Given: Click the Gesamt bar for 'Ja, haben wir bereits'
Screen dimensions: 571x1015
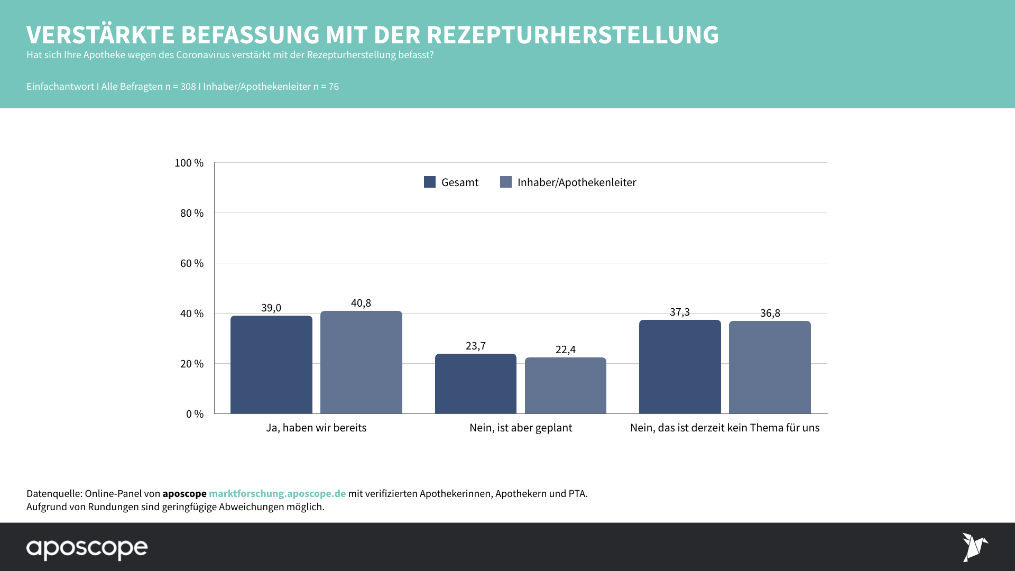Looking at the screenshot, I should (x=271, y=365).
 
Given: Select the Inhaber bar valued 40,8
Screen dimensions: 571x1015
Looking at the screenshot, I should (x=361, y=362).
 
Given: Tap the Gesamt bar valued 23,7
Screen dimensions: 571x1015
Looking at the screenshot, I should (x=475, y=384).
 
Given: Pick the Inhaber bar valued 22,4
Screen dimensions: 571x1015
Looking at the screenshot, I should (x=565, y=385).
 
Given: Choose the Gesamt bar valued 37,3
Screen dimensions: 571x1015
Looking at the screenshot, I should (x=680, y=367).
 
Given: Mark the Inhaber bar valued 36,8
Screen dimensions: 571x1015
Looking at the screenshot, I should (x=770, y=367).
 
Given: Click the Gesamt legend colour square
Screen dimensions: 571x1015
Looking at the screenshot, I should (x=430, y=182).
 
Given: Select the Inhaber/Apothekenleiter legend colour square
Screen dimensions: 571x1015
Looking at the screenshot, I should (x=506, y=182).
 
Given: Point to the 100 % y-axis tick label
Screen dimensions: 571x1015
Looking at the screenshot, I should (x=189, y=163).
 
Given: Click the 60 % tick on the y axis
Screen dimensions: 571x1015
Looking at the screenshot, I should (x=191, y=263).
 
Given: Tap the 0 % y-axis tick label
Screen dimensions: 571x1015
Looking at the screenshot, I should (x=195, y=414).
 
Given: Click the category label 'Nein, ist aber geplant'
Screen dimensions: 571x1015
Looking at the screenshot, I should (x=521, y=428).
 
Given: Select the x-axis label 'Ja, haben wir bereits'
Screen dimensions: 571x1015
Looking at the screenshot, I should (x=316, y=428).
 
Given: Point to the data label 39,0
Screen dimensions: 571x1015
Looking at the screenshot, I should (x=271, y=308).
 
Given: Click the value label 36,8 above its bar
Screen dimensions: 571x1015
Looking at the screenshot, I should (x=770, y=313).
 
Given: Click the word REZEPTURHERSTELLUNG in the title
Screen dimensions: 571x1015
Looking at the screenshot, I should (x=573, y=35).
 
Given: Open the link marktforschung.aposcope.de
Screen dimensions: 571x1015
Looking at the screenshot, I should (x=277, y=493).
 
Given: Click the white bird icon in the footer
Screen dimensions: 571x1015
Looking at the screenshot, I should (x=974, y=547).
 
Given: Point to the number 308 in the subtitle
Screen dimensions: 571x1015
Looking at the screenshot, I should (x=188, y=87).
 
